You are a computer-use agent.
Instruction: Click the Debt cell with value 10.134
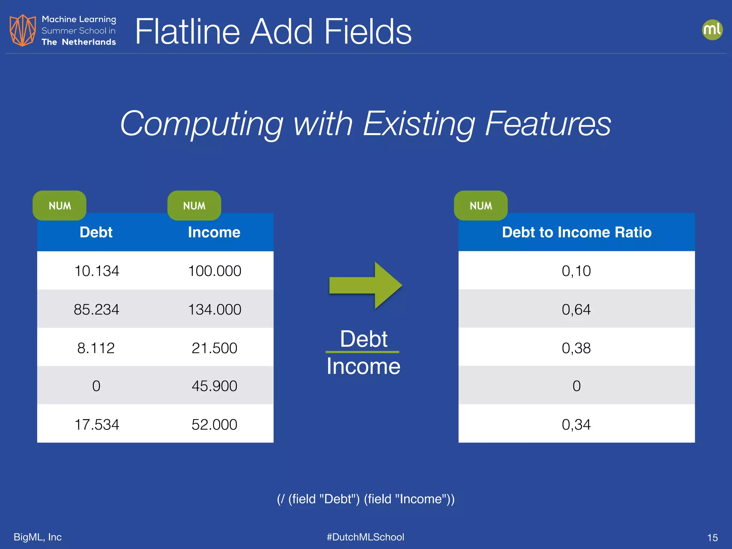point(97,271)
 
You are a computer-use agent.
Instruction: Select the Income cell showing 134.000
point(214,310)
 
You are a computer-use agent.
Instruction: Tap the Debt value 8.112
point(96,348)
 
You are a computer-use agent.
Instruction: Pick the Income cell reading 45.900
point(214,386)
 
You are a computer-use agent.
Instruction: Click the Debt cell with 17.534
point(97,425)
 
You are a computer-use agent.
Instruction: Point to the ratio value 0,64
point(576,310)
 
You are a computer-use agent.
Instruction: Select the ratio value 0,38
point(576,348)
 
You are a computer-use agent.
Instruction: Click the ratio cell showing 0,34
point(576,425)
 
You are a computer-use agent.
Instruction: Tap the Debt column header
point(96,232)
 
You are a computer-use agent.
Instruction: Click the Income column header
point(214,232)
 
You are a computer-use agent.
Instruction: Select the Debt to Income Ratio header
point(577,232)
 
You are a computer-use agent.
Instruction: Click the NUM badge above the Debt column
point(60,206)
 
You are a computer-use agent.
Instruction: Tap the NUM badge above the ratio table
point(481,206)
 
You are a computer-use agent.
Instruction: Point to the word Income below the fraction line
point(363,367)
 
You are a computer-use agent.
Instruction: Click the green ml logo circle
point(712,30)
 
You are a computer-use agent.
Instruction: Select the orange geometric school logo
point(23,30)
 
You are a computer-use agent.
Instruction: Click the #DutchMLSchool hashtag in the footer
point(365,537)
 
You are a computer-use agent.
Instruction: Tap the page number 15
point(712,538)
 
